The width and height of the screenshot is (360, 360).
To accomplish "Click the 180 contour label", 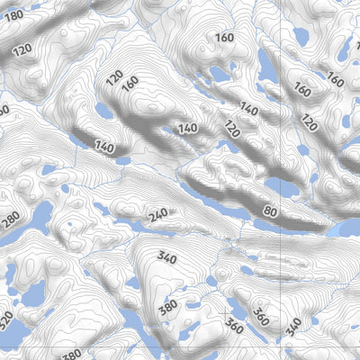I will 13,16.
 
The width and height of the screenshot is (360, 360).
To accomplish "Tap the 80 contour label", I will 269,211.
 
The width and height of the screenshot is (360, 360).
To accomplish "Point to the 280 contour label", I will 11,219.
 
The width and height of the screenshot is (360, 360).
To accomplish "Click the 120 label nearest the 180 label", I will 23,48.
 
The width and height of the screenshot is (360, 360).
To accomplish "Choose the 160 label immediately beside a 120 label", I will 130,83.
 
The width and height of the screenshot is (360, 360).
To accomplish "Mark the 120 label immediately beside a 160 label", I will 114,78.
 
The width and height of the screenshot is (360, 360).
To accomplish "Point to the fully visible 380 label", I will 167,308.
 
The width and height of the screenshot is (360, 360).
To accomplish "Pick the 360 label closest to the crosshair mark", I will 235,321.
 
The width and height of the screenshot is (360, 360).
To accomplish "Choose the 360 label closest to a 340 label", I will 261,316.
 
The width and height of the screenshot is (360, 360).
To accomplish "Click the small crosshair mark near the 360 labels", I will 222,312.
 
